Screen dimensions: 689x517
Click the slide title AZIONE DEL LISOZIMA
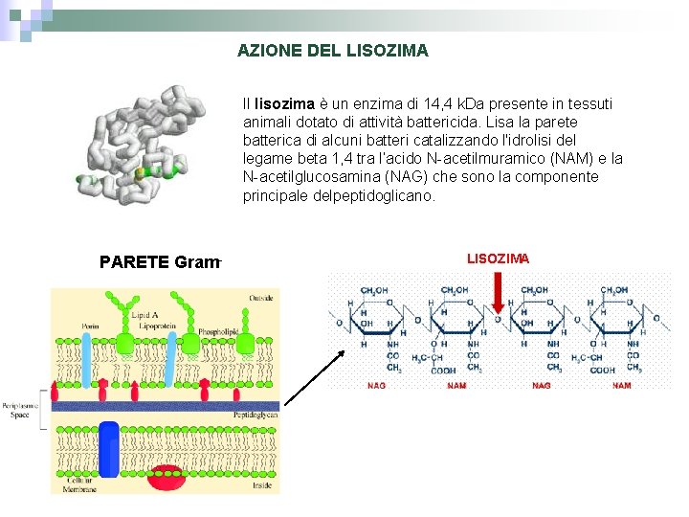(332, 50)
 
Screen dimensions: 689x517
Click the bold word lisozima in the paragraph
(282, 103)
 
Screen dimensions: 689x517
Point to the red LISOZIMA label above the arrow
(498, 258)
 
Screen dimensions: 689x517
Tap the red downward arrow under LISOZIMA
(497, 291)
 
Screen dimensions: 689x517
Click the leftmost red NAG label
(378, 386)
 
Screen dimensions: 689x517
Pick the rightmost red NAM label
(621, 386)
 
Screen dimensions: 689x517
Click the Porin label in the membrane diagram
(90, 326)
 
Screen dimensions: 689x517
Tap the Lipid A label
(144, 315)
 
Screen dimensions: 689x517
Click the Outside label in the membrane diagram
(262, 298)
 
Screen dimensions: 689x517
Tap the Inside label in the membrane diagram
(263, 485)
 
